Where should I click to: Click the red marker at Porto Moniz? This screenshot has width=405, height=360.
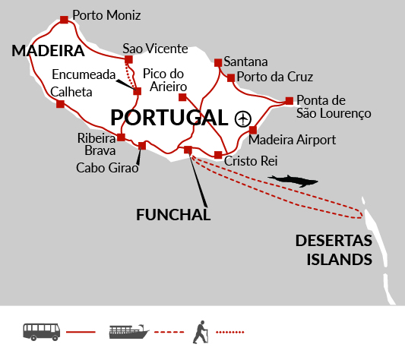64,20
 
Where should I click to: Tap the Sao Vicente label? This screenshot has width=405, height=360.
155,49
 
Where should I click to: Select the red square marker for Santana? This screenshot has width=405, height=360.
218,62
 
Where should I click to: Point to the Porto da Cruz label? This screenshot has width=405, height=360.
275,77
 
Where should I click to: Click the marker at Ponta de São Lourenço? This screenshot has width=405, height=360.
290,101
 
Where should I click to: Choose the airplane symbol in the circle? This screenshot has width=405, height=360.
243,118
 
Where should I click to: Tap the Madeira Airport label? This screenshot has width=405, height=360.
292,140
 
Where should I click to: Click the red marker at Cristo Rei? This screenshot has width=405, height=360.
218,155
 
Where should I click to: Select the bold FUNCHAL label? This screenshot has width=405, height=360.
173,215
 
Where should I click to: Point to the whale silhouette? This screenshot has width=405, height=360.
293,181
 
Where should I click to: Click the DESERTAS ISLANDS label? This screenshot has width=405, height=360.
334,250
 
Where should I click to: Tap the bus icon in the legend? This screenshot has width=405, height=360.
42,332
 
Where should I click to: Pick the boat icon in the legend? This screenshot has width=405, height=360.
129,332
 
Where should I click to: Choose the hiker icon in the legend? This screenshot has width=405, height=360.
201,332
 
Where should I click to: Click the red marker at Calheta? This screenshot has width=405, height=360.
60,104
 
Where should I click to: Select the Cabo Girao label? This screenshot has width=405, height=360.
107,168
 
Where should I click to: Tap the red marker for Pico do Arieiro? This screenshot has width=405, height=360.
182,97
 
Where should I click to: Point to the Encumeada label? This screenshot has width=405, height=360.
84,74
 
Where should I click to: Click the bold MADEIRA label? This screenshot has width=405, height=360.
48,50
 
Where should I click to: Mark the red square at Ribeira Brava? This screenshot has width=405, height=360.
121,137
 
